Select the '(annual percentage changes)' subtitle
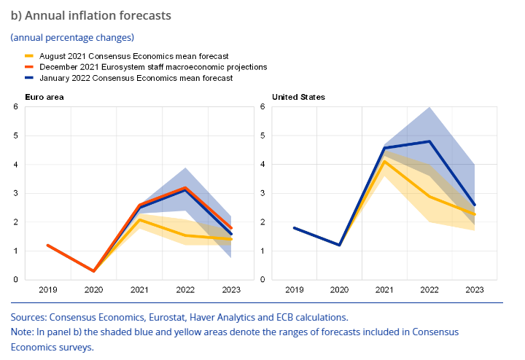[72, 36]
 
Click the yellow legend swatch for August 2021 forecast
[30, 55]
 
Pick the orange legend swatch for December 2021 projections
[30, 66]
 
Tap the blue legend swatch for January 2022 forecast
[30, 78]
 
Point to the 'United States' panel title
[298, 96]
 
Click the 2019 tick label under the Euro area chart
[48, 290]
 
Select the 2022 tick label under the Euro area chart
[186, 290]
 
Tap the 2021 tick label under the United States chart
[384, 290]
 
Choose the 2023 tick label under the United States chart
[475, 290]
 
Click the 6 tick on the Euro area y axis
[15, 107]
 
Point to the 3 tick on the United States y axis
[262, 193]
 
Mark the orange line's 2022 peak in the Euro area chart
[186, 187]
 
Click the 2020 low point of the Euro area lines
[94, 271]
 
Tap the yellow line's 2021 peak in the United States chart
[384, 162]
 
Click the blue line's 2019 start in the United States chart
[294, 227]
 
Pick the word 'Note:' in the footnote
[23, 332]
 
